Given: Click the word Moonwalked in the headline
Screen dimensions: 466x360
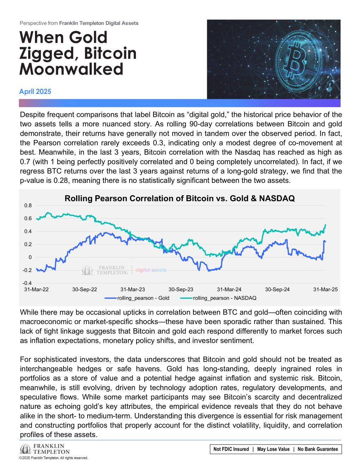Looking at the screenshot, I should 71,69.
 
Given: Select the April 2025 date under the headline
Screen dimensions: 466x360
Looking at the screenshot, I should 35,92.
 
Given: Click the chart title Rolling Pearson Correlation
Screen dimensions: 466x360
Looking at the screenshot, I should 179,199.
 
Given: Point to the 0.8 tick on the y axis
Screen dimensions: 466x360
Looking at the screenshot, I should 28,205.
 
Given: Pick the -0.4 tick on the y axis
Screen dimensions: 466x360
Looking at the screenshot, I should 27,283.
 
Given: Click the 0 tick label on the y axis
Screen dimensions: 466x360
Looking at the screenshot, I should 30,257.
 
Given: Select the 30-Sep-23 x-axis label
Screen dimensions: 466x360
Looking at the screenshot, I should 181,289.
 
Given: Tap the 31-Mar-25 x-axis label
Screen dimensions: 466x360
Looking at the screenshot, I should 325,289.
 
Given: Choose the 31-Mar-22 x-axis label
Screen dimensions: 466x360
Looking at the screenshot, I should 36,289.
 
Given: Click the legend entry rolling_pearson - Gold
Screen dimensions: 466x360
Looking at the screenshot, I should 143,298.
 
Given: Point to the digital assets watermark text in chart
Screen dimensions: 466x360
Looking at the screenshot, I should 151,270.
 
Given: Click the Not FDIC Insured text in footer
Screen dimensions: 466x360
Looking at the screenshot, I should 231,449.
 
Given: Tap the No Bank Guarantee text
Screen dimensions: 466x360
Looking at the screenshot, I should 318,449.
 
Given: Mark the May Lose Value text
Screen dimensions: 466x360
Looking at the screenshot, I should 273,449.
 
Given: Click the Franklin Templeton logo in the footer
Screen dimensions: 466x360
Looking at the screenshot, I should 45,449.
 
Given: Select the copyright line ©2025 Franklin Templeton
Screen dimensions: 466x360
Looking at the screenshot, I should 53,458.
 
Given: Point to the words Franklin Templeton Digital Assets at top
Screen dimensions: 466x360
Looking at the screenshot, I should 99,23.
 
